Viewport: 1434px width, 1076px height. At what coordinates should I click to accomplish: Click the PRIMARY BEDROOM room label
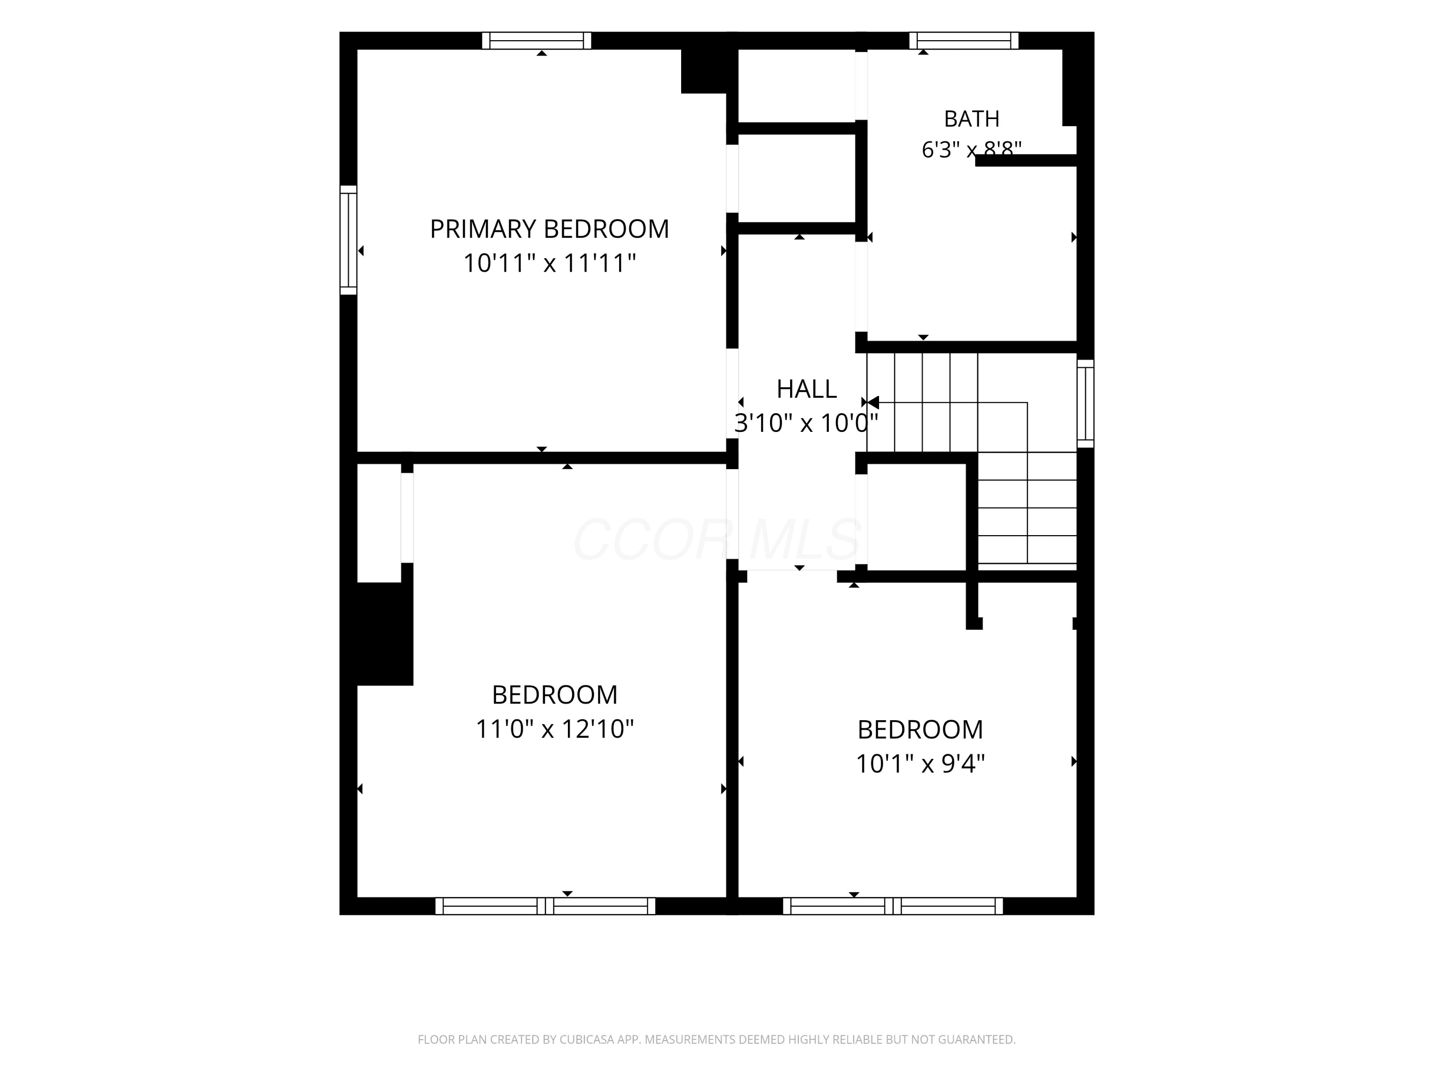(x=549, y=229)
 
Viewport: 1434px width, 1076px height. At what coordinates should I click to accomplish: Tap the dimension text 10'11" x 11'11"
(x=549, y=264)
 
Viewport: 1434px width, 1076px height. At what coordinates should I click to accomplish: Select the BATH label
(x=971, y=119)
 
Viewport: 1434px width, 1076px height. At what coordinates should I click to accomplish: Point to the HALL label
(x=806, y=388)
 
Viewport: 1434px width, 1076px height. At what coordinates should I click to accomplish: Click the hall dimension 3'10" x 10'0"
(x=806, y=423)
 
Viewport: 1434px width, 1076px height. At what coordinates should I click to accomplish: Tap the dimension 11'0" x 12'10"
(x=554, y=729)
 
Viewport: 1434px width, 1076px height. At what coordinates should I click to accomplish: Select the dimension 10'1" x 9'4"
(x=920, y=764)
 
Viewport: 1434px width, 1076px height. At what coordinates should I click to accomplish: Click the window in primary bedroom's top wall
(x=537, y=40)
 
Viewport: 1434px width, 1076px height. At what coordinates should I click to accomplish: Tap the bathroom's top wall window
(x=964, y=40)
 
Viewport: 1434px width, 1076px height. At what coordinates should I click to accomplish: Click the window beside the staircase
(x=1085, y=404)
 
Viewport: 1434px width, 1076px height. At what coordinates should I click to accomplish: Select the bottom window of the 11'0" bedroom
(x=545, y=906)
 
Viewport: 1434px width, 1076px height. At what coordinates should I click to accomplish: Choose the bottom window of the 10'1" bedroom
(x=893, y=906)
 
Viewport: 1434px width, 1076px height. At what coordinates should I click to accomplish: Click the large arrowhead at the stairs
(x=873, y=403)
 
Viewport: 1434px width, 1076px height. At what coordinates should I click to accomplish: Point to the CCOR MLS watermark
(x=717, y=539)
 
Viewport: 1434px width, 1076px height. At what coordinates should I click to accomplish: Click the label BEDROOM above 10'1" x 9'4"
(x=920, y=730)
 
